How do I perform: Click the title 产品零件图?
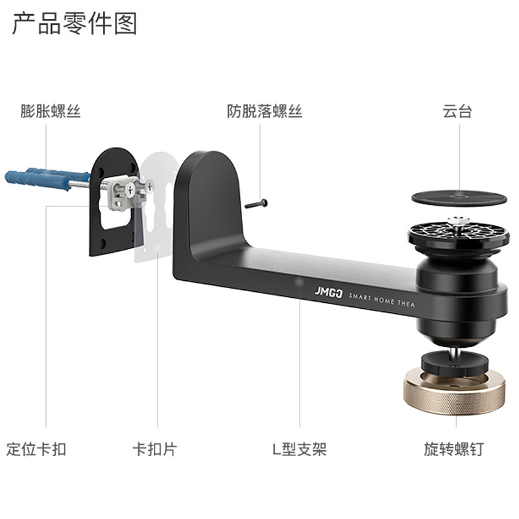pos(75,24)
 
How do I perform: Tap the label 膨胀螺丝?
pos(51,111)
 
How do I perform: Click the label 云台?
pos(457,111)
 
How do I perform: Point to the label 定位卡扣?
pos(36,448)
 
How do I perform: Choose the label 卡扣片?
pos(154,448)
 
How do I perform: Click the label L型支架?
pos(299,448)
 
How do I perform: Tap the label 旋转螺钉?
pos(454,448)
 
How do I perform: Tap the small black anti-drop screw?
pos(256,204)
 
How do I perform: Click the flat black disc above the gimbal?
pos(458,197)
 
